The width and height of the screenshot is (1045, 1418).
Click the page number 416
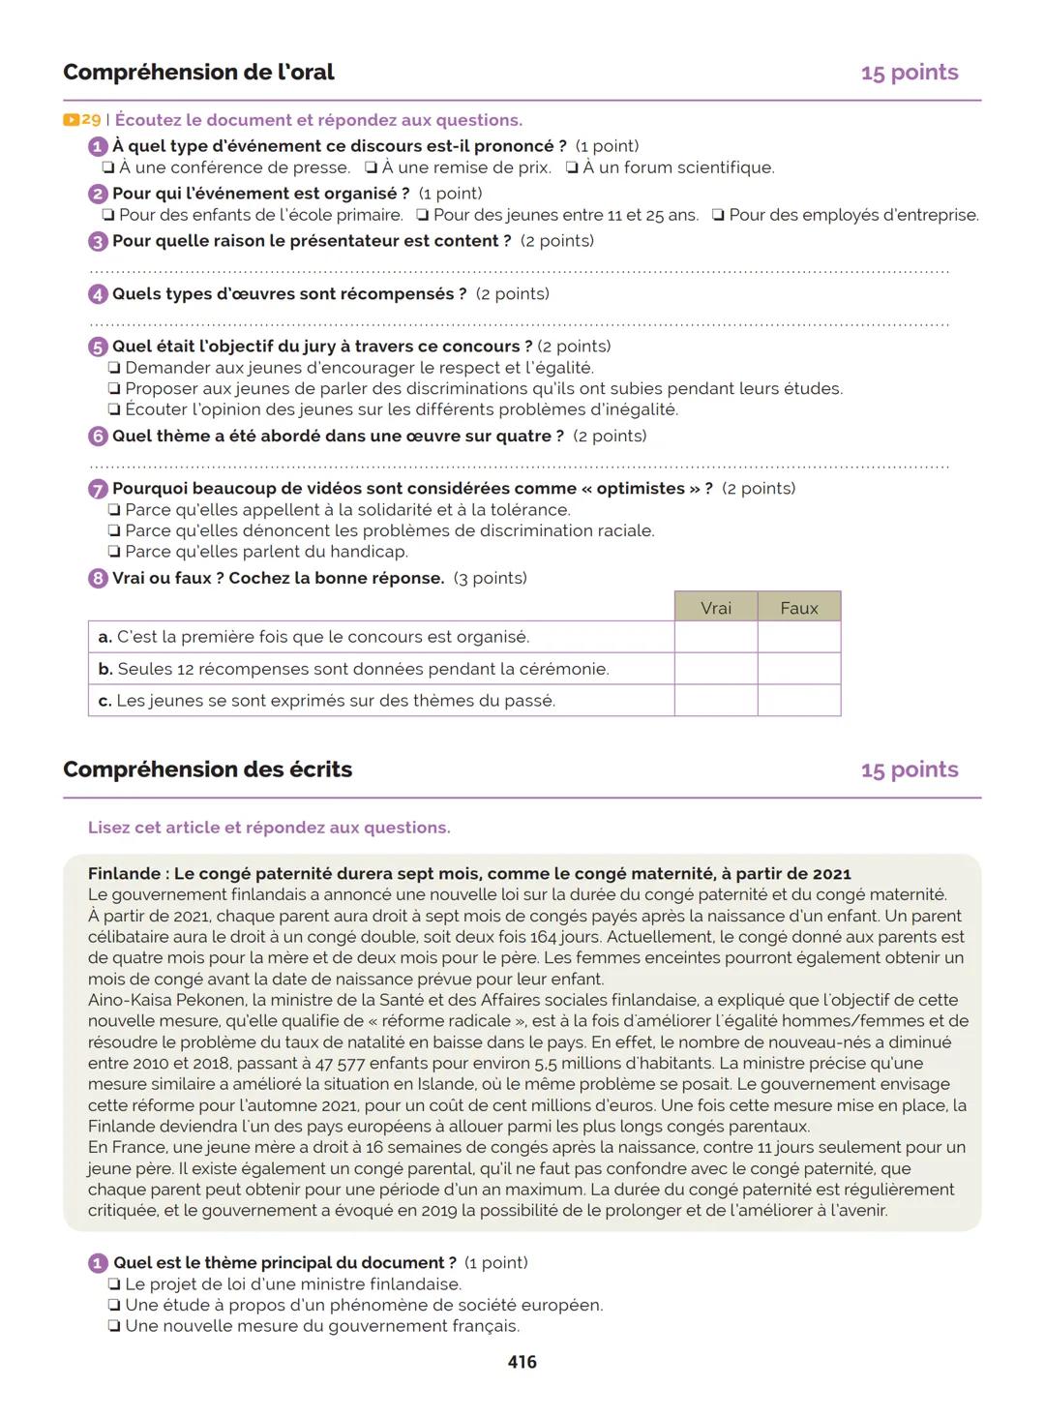point(522,1362)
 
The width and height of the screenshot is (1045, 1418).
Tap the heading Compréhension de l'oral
point(198,73)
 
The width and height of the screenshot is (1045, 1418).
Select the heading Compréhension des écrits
point(207,769)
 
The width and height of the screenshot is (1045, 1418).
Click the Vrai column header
point(716,608)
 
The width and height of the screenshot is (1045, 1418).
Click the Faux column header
point(799,608)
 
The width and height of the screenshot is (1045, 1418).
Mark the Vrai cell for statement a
point(716,637)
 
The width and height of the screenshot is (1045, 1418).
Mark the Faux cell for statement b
point(799,669)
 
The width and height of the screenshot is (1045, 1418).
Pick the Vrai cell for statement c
point(716,701)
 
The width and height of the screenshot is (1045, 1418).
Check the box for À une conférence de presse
point(109,167)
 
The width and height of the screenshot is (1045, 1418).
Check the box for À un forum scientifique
point(573,167)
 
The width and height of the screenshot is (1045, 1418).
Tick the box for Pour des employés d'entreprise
point(718,215)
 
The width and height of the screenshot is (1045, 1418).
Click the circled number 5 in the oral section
point(98,347)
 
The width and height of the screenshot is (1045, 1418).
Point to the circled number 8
point(98,579)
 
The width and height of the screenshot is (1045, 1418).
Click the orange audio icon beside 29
point(71,120)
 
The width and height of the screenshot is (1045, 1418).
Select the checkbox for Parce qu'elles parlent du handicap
point(115,552)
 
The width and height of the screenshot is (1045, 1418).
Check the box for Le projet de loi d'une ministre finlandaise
point(115,1284)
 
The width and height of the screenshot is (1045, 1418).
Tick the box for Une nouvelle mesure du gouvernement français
point(115,1327)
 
